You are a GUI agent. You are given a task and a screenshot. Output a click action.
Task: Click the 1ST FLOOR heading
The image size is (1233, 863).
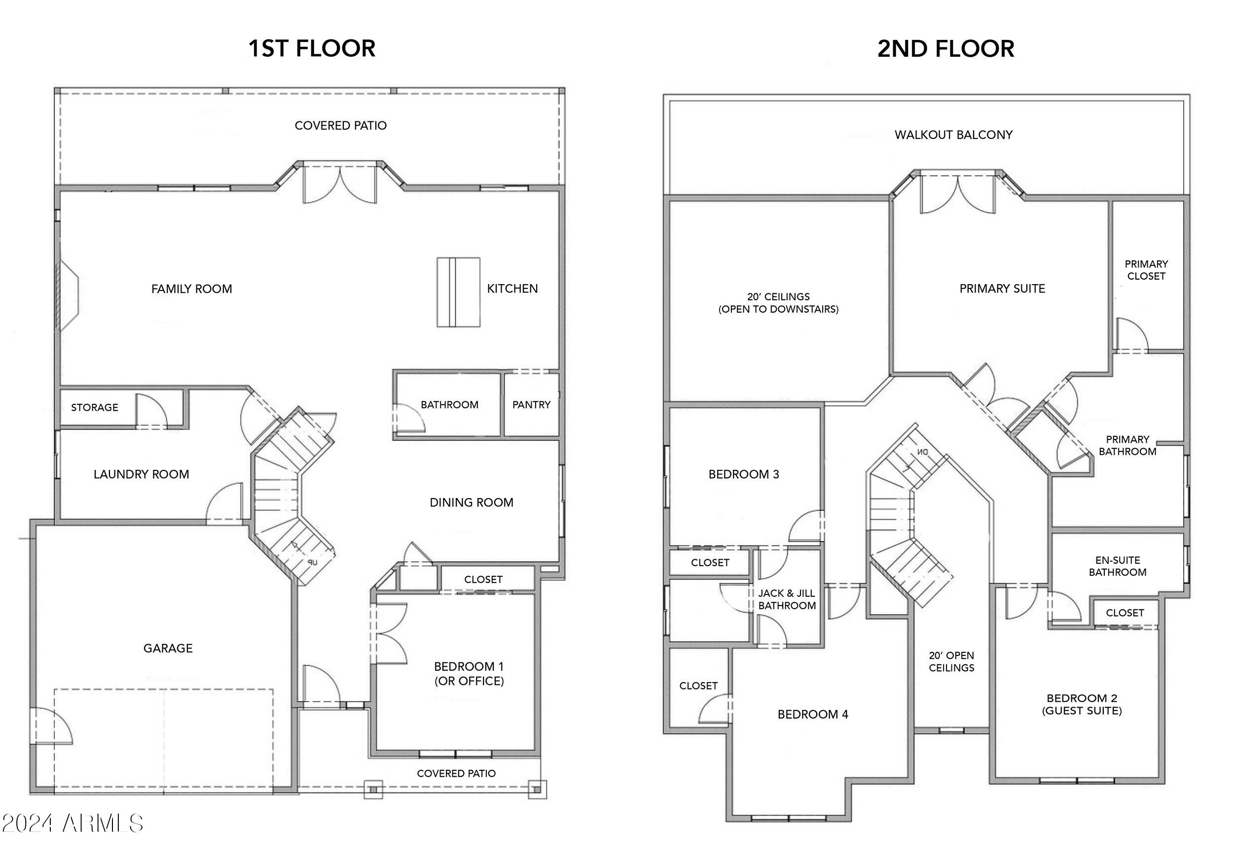(x=312, y=48)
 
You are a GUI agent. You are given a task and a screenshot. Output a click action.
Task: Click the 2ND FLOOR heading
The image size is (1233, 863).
(x=945, y=49)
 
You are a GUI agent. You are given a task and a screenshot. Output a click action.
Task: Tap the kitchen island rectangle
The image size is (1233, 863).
(x=458, y=292)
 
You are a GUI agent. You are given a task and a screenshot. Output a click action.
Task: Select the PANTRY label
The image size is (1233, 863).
(x=531, y=405)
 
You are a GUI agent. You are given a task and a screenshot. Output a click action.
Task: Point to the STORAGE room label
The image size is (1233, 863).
(x=95, y=408)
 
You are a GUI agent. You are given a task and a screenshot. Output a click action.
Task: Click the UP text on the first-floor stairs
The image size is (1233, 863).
(x=313, y=563)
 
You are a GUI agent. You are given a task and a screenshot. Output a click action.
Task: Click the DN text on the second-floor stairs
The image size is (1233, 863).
(x=923, y=452)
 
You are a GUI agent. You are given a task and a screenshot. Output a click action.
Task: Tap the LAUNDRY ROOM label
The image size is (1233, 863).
(x=141, y=474)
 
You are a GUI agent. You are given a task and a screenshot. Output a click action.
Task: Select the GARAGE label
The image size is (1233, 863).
(x=168, y=648)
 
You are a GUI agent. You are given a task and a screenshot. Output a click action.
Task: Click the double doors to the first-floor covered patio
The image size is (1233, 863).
(x=340, y=184)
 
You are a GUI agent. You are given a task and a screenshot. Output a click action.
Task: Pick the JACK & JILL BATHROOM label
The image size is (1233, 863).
(x=787, y=599)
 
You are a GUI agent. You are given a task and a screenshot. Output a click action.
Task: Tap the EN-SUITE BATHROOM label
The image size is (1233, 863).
(x=1118, y=566)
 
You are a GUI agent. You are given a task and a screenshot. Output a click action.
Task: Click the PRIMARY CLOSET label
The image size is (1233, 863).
(x=1146, y=270)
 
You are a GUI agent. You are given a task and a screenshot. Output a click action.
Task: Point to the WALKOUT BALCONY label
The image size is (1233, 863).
(x=953, y=135)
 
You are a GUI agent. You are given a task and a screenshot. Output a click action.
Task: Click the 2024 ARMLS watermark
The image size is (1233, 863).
(x=73, y=823)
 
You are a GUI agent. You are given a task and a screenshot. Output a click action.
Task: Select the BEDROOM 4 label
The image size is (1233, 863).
(x=812, y=714)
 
